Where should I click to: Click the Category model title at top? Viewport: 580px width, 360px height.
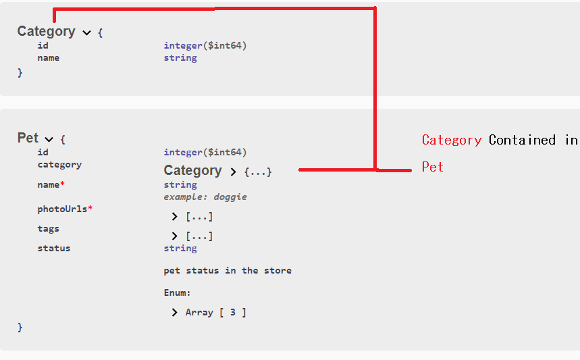(x=46, y=32)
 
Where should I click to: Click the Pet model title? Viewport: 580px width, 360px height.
(x=28, y=138)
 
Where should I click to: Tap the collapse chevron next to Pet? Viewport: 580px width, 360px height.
(x=49, y=140)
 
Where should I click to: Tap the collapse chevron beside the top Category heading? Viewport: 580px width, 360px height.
(x=86, y=32)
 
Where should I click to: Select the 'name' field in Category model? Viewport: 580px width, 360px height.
(x=48, y=58)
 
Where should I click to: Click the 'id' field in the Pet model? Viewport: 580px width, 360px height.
(x=43, y=153)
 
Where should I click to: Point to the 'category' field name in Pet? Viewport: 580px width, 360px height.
(x=59, y=165)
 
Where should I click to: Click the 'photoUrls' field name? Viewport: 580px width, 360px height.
(x=62, y=209)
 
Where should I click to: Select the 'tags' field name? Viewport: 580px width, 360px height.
(x=48, y=229)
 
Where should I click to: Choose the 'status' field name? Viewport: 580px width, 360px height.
(x=53, y=249)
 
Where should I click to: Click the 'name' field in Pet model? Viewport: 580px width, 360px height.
(x=49, y=185)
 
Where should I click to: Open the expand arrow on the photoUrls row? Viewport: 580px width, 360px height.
(x=174, y=217)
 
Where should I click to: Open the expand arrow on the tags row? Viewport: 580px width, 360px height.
(x=174, y=236)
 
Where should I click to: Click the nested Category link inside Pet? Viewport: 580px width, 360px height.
(x=192, y=171)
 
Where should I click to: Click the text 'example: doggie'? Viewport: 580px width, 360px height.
(x=205, y=197)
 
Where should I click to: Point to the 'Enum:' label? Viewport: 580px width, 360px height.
(x=177, y=293)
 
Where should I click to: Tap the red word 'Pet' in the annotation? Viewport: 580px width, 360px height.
(x=433, y=167)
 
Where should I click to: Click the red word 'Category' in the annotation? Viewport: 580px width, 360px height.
(x=451, y=140)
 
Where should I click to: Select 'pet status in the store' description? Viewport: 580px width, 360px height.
(x=228, y=271)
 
